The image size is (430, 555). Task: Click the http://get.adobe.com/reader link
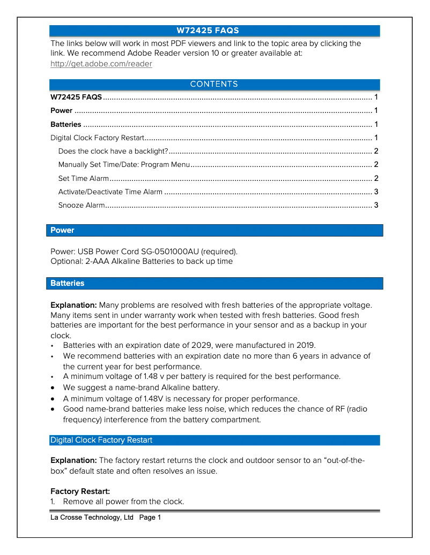tap(101, 64)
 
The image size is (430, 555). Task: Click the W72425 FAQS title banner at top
tap(214, 31)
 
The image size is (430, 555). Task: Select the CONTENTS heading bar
tap(214, 85)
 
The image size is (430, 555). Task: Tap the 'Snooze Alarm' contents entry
tap(81, 206)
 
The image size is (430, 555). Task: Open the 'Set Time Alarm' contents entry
tap(84, 178)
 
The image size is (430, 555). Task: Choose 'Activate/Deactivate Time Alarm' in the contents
tap(110, 192)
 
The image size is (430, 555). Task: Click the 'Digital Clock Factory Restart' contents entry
tap(97, 138)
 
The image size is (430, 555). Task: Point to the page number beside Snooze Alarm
tap(376, 206)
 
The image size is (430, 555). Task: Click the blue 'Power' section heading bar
tap(214, 230)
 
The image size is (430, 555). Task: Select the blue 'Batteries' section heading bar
tap(214, 283)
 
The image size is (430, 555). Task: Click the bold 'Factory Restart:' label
tap(80, 491)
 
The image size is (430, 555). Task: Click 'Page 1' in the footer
tap(150, 518)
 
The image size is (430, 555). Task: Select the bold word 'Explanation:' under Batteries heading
tap(73, 305)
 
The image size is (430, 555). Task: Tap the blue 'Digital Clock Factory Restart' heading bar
tap(214, 440)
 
